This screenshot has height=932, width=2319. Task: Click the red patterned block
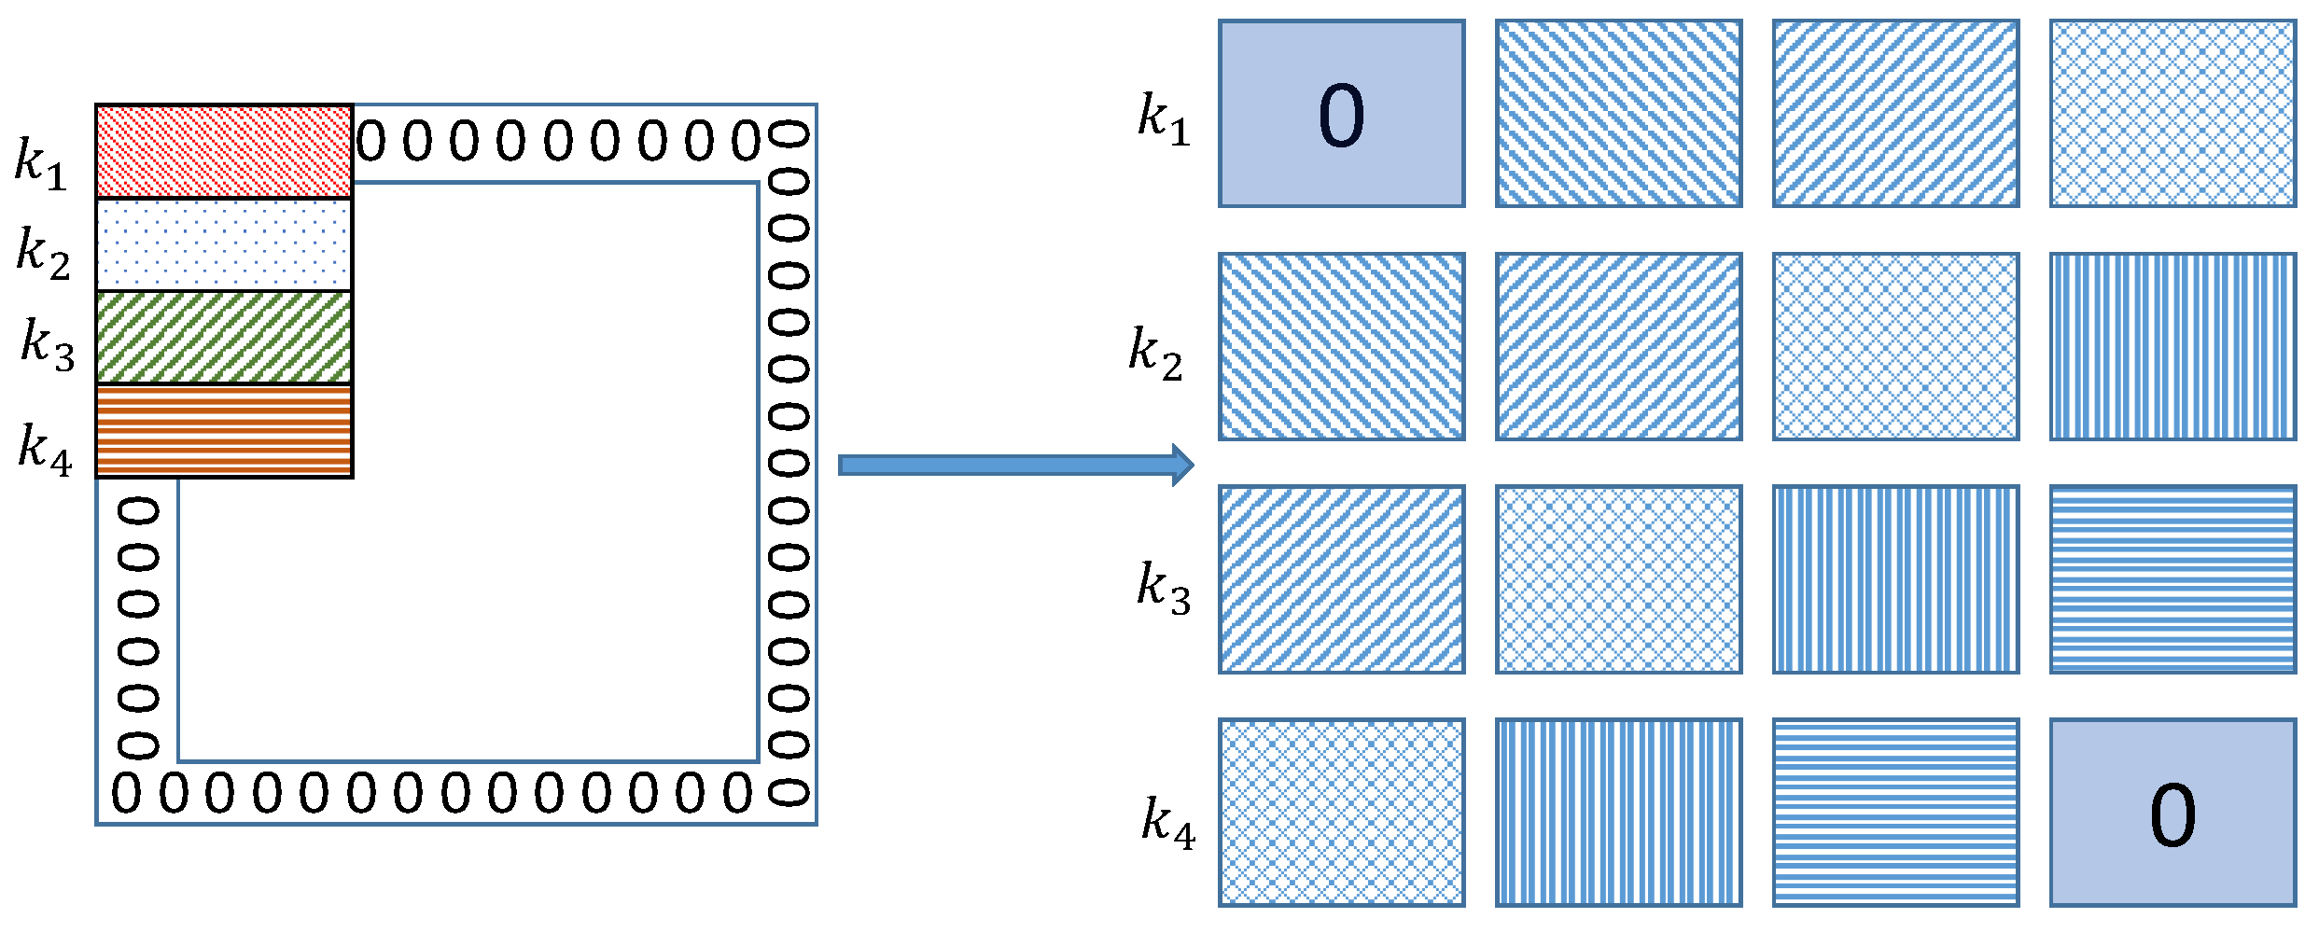(x=224, y=152)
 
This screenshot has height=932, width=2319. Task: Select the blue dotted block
(x=224, y=244)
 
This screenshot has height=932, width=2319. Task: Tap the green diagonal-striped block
(x=224, y=338)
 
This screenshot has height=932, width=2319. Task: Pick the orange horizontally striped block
(x=224, y=431)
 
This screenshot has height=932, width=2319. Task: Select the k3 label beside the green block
(x=48, y=344)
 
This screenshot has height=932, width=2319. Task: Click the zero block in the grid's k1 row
(x=1341, y=114)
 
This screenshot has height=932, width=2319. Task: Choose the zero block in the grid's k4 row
(x=2172, y=813)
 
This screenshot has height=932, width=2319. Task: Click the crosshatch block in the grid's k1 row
(x=2172, y=114)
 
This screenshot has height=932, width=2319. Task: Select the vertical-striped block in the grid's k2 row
(x=2172, y=346)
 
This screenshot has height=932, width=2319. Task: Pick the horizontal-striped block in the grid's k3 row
(x=2172, y=579)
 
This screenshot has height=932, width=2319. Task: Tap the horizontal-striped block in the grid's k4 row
(x=1895, y=813)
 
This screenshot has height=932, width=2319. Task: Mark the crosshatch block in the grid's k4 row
(x=1341, y=813)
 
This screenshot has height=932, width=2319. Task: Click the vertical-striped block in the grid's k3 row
(x=1895, y=579)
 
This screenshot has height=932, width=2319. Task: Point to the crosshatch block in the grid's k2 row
(x=1895, y=346)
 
